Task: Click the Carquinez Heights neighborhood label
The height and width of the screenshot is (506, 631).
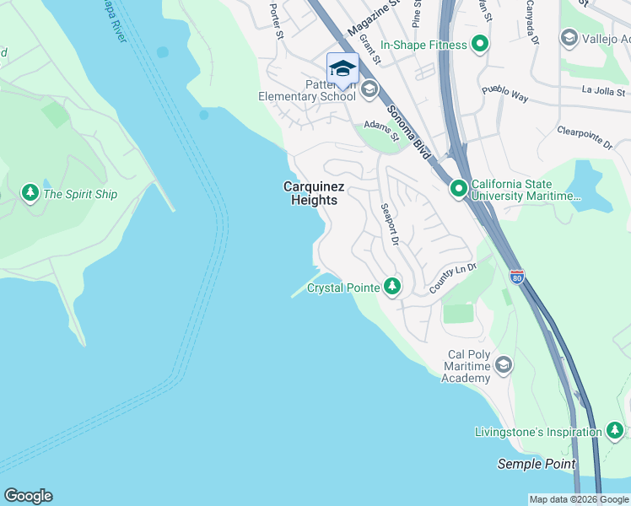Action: click(x=310, y=193)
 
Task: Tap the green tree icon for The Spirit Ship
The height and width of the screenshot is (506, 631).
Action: click(x=30, y=194)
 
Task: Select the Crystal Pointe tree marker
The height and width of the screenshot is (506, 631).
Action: click(x=391, y=287)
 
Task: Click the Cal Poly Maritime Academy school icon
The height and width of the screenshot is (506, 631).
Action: click(x=504, y=364)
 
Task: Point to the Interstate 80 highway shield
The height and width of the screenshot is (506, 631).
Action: click(x=517, y=277)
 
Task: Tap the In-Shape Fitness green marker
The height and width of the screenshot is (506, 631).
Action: click(x=480, y=44)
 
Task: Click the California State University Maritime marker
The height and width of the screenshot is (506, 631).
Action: click(x=458, y=189)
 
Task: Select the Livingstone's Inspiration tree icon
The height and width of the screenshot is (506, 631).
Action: click(x=615, y=432)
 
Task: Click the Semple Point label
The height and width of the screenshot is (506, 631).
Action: click(x=537, y=464)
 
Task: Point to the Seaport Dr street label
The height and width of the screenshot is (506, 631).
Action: click(x=388, y=224)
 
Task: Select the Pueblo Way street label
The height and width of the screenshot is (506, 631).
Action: click(x=504, y=93)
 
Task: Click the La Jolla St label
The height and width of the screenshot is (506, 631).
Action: click(x=603, y=91)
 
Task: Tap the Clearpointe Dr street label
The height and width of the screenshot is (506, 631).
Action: click(x=584, y=136)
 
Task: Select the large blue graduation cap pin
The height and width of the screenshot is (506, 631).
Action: click(x=342, y=68)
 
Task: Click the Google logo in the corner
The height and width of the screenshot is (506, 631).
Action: click(x=28, y=496)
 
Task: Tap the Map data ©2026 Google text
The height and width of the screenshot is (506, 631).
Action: click(x=578, y=499)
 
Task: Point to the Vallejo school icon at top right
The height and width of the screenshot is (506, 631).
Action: click(x=569, y=38)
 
